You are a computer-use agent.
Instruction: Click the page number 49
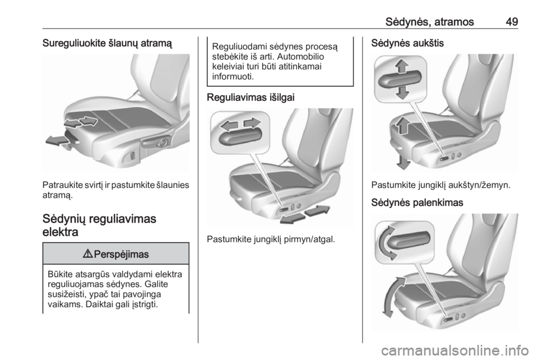coord(512,22)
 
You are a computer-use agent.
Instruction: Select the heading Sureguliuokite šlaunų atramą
coord(107,44)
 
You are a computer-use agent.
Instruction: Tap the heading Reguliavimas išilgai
coord(251,98)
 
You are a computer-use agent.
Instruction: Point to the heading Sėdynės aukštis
coord(407,43)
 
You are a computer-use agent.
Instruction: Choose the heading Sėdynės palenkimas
coord(417,202)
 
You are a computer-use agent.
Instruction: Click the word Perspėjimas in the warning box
coord(121,255)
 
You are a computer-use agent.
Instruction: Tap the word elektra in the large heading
coord(61,232)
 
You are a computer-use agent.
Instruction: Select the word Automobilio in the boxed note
coord(300,57)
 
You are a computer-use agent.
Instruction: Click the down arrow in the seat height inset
coord(402,93)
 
